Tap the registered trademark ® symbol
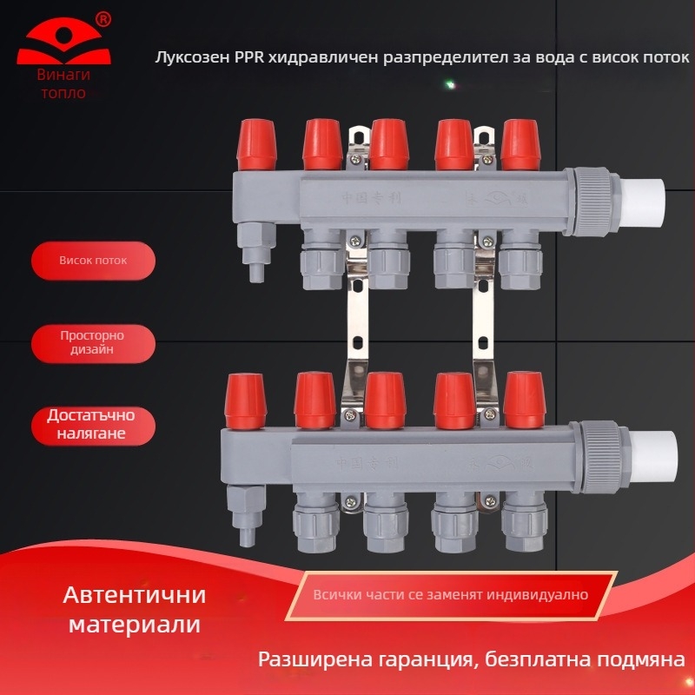[103, 18]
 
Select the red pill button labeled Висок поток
[93, 261]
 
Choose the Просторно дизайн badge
[93, 343]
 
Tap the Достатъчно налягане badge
[93, 424]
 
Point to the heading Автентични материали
[134, 610]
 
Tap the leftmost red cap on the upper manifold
[256, 144]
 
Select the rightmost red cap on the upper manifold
[521, 144]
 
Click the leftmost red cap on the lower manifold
[246, 401]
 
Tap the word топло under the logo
[63, 93]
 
